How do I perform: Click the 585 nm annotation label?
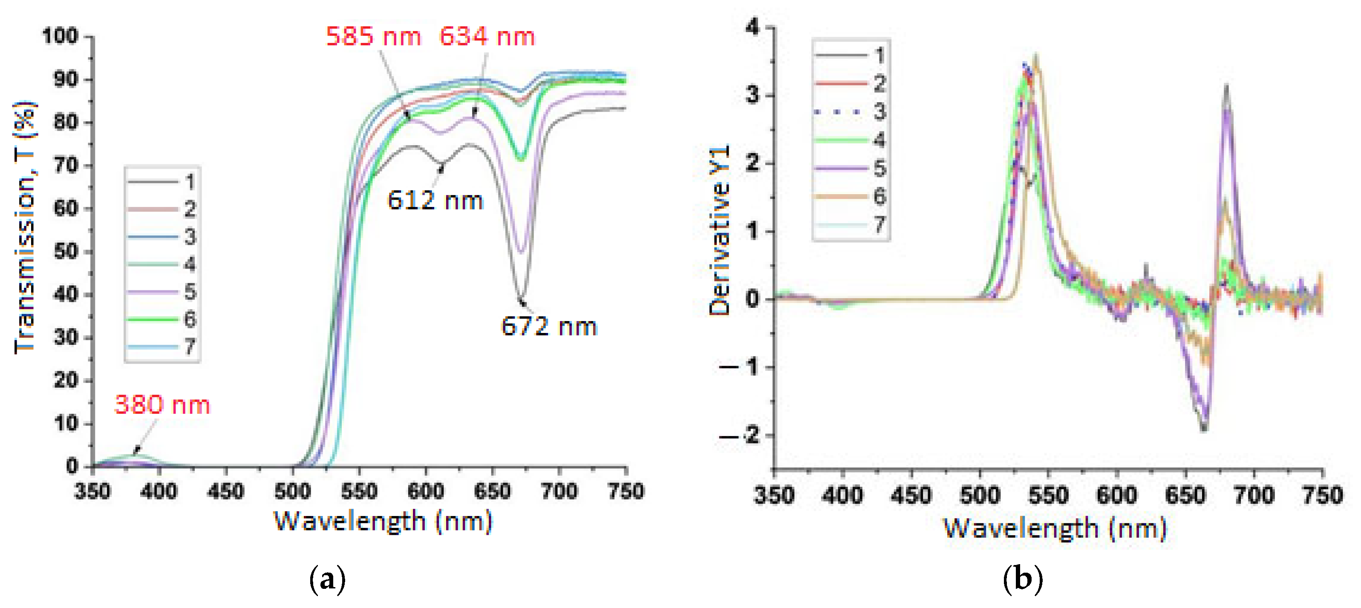point(373,37)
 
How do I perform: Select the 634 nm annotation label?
point(487,37)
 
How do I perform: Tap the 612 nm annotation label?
point(435,201)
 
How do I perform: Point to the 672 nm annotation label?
point(548,326)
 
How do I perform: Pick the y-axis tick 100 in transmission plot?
point(60,37)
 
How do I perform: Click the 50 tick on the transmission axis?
point(66,251)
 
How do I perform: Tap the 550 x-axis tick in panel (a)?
point(359,491)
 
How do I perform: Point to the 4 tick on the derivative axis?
point(753,27)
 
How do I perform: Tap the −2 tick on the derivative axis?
point(742,436)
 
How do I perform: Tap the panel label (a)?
point(327,579)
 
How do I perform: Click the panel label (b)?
point(1022,579)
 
